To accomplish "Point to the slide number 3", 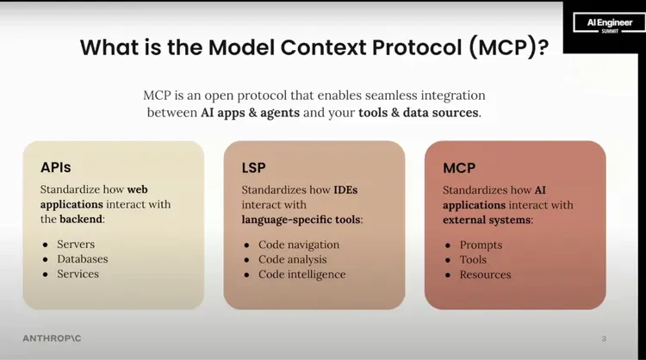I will (x=604, y=338).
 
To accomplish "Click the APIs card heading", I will (x=56, y=167).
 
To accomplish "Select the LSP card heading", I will (x=256, y=167).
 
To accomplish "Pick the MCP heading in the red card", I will (x=459, y=167).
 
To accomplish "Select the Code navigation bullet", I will (x=299, y=245).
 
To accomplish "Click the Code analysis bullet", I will (x=293, y=259).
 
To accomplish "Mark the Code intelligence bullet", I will (x=301, y=274).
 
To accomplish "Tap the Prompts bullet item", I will (x=481, y=245).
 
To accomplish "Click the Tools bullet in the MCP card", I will (x=473, y=259).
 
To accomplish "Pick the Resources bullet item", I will (x=485, y=274).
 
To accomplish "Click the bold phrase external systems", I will (x=486, y=220).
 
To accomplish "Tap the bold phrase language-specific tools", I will (x=301, y=220).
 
